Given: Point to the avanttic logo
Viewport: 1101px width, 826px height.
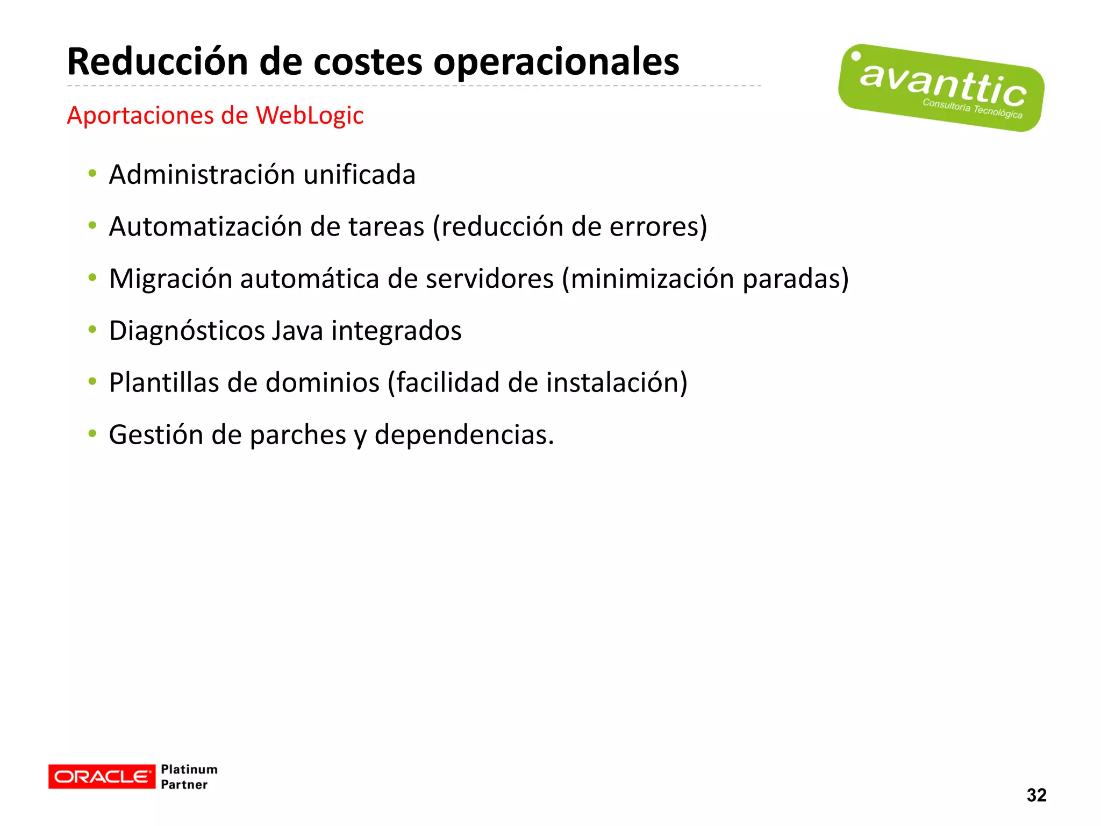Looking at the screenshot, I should (941, 88).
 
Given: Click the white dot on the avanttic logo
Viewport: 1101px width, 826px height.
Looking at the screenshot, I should (856, 56).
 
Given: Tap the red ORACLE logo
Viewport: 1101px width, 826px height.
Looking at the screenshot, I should (101, 777).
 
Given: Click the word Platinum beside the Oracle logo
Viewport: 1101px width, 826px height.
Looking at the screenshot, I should (189, 770).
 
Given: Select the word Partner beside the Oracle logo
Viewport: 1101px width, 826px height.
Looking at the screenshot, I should (184, 785).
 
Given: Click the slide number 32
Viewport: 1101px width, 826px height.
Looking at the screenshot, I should (1036, 795).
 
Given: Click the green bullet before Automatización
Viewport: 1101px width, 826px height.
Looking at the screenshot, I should (92, 226).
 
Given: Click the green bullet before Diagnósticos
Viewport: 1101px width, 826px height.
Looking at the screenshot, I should (92, 330).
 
